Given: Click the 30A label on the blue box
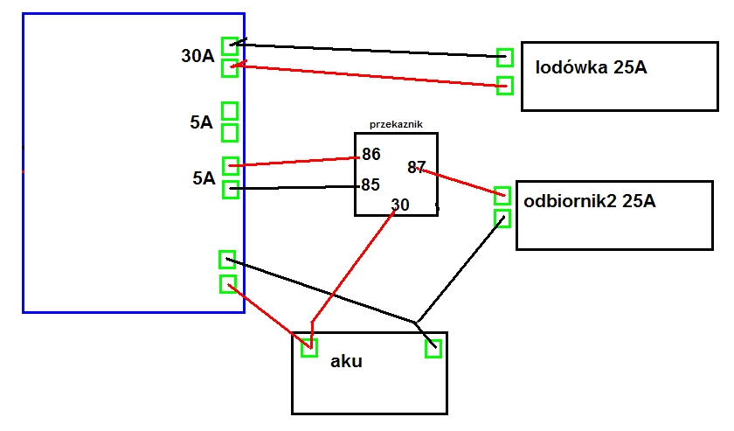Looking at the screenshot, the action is tap(197, 56).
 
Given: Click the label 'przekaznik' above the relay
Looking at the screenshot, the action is tap(396, 125).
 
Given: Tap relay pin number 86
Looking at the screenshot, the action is tap(371, 154).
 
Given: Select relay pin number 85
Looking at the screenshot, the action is tap(370, 185).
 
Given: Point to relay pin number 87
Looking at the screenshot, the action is tap(416, 167).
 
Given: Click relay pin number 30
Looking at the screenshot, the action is tap(400, 205).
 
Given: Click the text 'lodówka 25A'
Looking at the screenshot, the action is tap(592, 67).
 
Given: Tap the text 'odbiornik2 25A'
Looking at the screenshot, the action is tap(589, 201).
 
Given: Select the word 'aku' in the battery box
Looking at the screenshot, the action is tap(346, 361).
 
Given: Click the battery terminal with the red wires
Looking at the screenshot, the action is tap(309, 348).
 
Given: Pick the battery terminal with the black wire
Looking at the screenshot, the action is tap(433, 349).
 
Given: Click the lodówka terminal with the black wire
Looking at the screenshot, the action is tap(505, 58).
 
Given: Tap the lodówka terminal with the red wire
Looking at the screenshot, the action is tap(505, 86).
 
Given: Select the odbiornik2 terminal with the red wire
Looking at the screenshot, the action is tap(502, 196).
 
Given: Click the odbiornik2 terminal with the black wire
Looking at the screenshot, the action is tap(502, 219).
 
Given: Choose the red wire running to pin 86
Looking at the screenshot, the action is tap(294, 162).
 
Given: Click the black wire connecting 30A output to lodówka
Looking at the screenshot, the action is tap(368, 51).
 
